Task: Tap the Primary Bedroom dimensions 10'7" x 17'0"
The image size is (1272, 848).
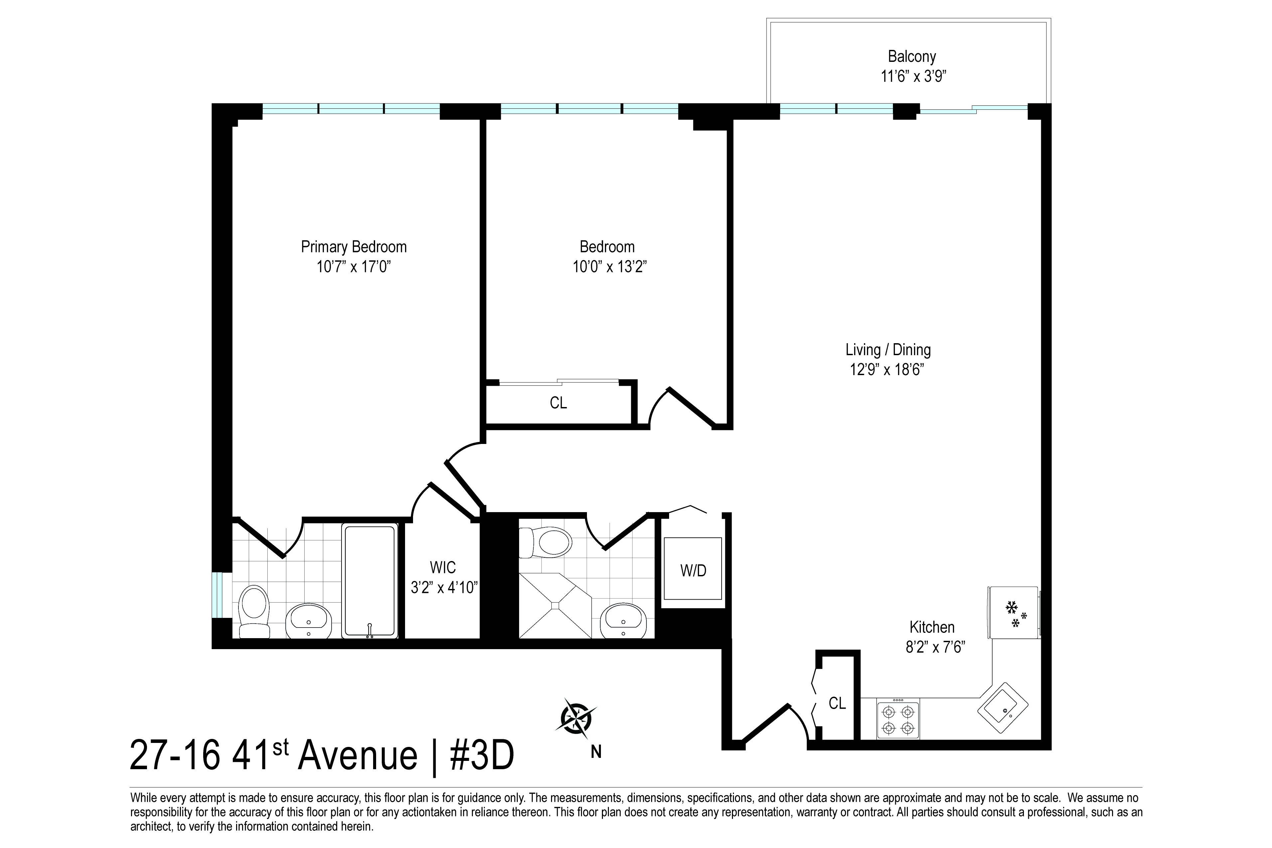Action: tap(354, 267)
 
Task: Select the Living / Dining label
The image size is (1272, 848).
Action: tap(888, 350)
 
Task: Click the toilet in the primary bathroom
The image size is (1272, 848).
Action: tap(254, 611)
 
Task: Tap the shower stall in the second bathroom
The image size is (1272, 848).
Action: tap(555, 606)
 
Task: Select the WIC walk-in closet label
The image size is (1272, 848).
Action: tap(443, 567)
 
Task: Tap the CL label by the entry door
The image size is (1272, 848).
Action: tap(837, 703)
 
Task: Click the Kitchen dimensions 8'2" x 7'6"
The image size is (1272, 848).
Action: tap(935, 647)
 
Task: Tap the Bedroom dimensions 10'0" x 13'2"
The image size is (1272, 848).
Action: tap(610, 267)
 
